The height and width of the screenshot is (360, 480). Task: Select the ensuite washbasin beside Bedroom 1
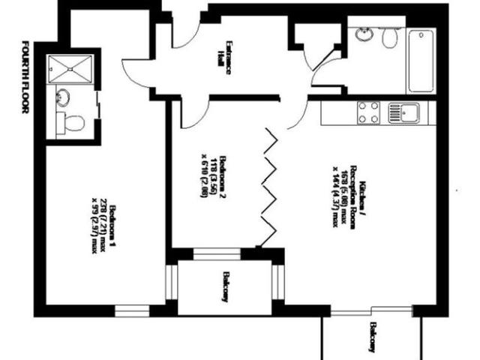(63, 97)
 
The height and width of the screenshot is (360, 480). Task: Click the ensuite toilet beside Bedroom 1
(70, 122)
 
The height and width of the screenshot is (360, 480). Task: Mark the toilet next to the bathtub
(388, 38)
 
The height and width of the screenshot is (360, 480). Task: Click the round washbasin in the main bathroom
(364, 35)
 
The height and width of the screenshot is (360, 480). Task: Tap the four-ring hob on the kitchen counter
(368, 112)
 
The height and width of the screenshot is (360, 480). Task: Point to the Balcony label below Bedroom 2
(224, 286)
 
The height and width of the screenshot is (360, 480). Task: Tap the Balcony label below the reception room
(371, 337)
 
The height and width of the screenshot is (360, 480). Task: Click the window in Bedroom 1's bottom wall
(132, 310)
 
